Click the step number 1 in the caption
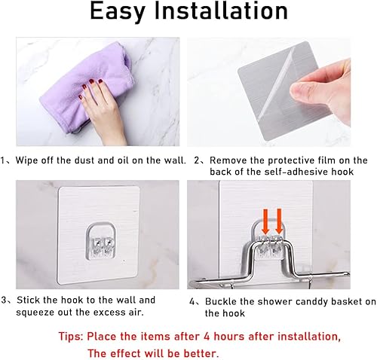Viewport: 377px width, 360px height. (x=5, y=160)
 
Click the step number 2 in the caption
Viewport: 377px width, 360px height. (x=196, y=160)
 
